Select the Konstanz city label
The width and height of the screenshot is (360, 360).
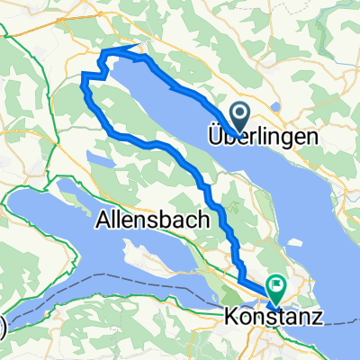[272, 317]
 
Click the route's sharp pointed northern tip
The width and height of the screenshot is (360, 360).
[137, 45]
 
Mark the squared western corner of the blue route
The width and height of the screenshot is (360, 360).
[84, 72]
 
